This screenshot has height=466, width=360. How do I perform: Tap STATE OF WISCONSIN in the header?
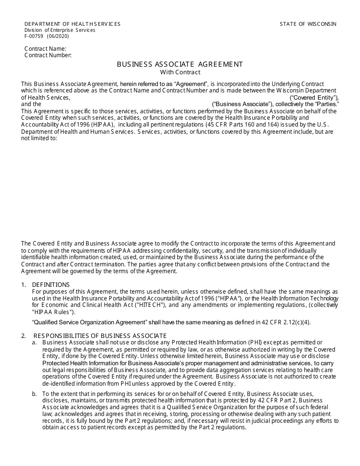308,24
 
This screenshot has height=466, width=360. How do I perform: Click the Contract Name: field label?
45,48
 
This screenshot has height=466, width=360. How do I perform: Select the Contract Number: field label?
48,55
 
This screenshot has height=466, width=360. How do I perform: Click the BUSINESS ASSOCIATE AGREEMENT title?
180,64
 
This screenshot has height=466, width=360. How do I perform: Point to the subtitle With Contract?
180,72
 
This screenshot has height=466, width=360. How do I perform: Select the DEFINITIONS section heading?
51,285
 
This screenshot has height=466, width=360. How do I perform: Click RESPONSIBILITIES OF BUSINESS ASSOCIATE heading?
100,336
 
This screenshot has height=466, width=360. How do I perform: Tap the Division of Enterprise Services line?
60,30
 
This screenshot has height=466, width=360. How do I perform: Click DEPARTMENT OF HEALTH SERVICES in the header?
72,24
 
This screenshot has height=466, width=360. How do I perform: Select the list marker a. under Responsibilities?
34,342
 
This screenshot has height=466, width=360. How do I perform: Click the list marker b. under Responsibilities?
34,394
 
